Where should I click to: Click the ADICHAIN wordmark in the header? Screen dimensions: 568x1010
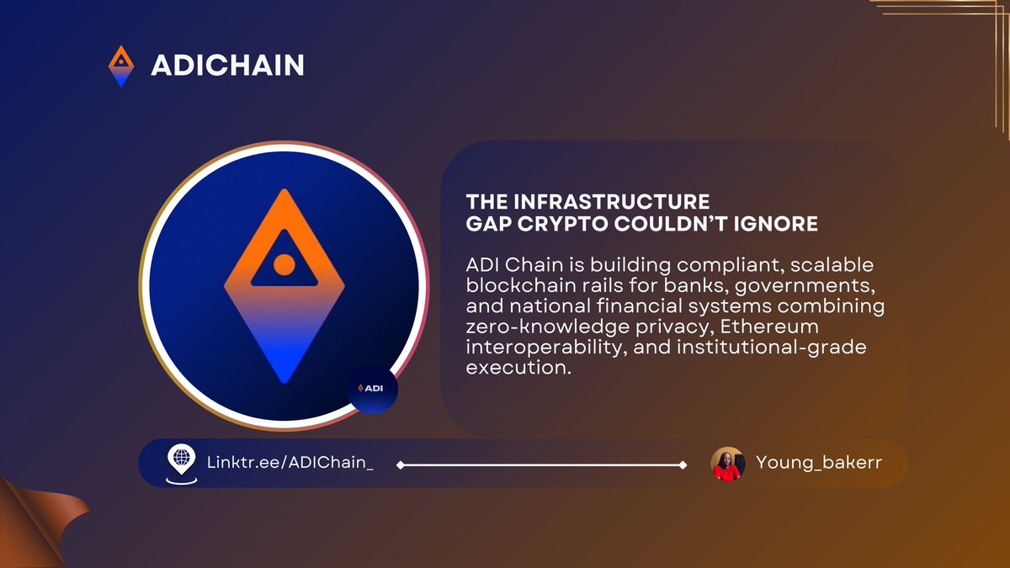(227, 65)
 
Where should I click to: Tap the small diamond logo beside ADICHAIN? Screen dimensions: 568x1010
(122, 66)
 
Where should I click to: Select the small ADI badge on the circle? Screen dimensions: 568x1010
(372, 389)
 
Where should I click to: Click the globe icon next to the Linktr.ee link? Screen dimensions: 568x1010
(180, 461)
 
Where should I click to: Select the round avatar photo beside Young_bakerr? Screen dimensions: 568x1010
(727, 464)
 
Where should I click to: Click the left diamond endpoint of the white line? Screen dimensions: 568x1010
(400, 464)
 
